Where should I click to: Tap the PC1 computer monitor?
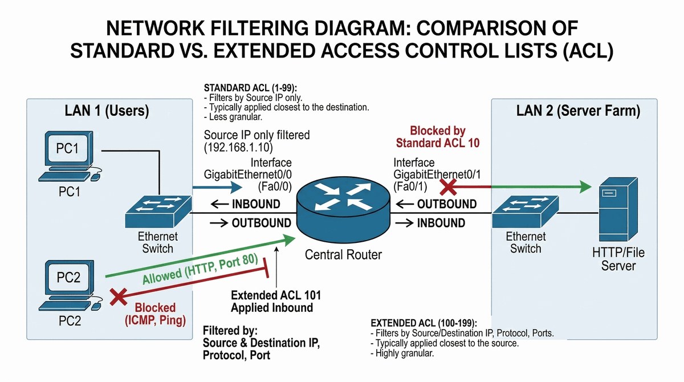67,149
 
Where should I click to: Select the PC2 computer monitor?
67,278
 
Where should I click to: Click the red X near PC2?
118,296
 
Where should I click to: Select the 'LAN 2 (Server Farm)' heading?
578,111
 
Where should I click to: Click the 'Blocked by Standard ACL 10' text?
437,137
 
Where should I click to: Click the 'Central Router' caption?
343,254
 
